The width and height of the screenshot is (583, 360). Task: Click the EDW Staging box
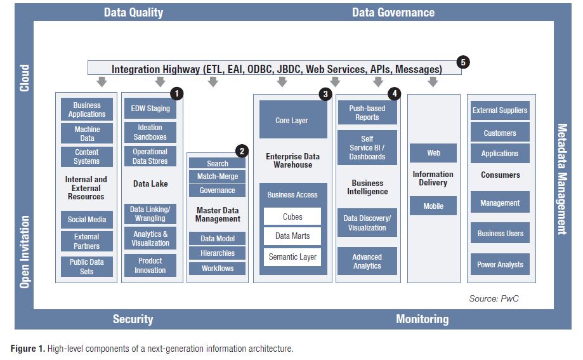[x=150, y=109]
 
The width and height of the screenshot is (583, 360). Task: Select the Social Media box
[x=87, y=220]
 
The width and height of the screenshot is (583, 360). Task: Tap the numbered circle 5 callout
[x=464, y=62]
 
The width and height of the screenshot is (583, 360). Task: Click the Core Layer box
[x=291, y=121]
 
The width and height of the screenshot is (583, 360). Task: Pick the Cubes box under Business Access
[x=292, y=217]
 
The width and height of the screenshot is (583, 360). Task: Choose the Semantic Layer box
[x=292, y=257]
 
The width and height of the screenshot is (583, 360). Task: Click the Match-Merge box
[x=218, y=177]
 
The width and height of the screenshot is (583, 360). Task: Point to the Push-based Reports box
[x=367, y=113]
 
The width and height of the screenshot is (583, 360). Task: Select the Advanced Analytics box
[x=367, y=262]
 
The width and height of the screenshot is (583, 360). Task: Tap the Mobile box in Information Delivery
[x=433, y=206]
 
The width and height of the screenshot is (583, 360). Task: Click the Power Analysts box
[x=501, y=265]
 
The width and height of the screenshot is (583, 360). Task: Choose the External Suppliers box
[x=500, y=110]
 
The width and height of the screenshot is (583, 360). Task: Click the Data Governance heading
[x=393, y=13]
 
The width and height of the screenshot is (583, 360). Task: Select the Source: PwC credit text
[x=494, y=298]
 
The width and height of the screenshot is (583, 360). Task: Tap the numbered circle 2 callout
[x=242, y=151]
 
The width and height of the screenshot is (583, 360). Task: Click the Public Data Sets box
[x=87, y=267]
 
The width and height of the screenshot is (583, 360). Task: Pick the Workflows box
[x=218, y=269]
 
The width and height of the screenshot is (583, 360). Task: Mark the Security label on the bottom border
[x=133, y=319]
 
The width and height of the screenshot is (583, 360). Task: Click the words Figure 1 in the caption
[x=26, y=349]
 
